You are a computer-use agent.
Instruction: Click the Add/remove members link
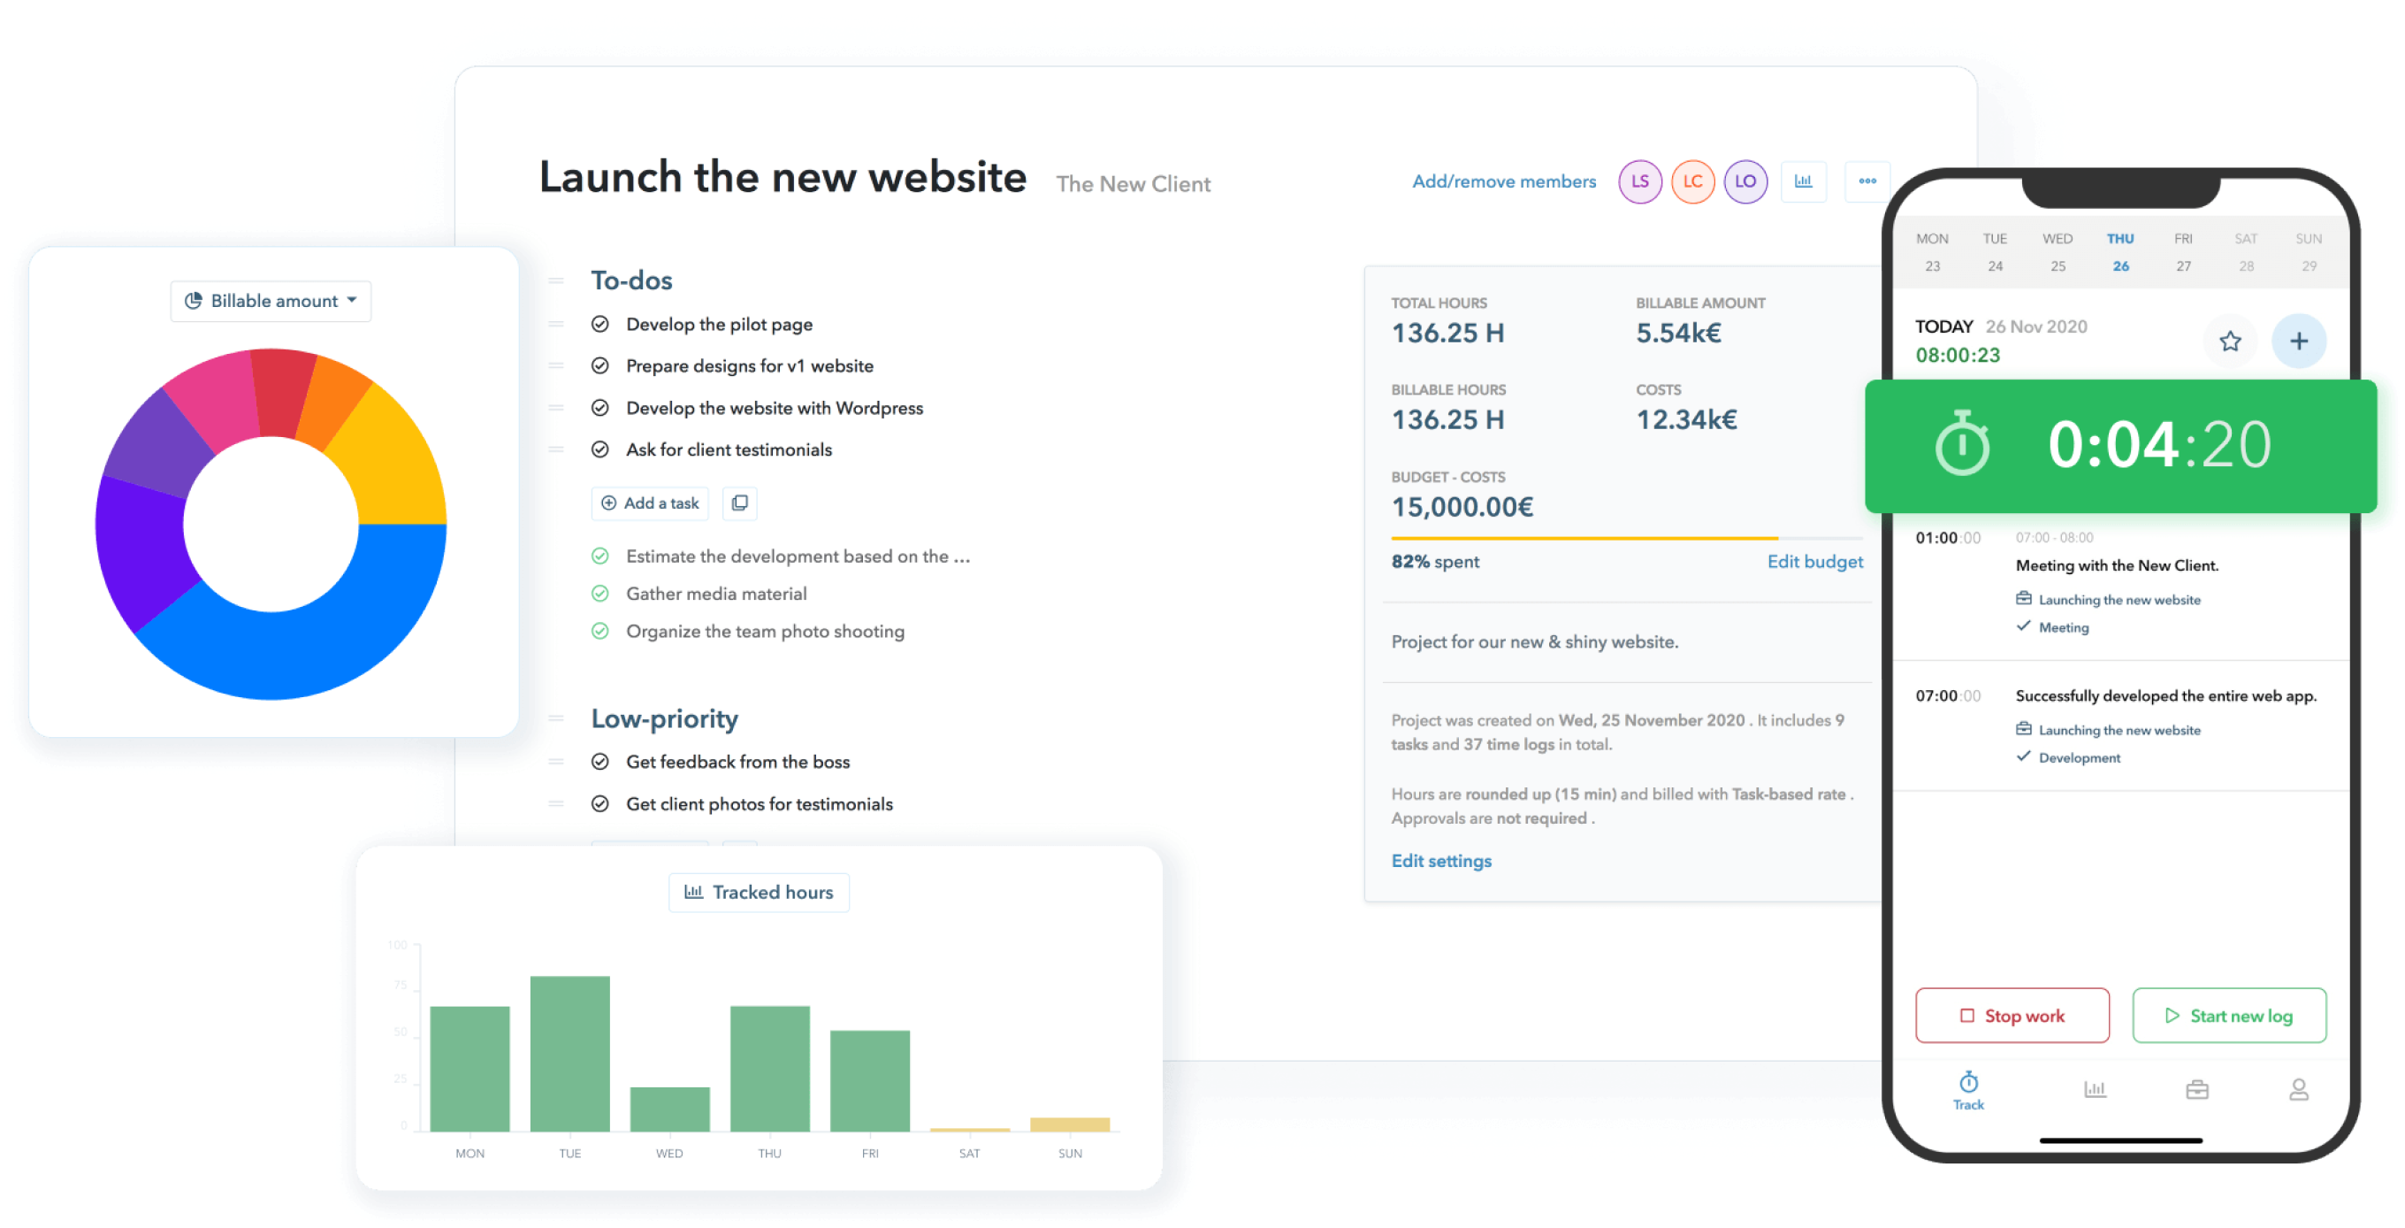click(x=1503, y=181)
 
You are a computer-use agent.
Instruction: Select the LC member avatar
click(x=1691, y=181)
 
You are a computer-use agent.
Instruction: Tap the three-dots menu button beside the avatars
click(x=1867, y=181)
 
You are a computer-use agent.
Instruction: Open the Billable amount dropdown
click(x=271, y=301)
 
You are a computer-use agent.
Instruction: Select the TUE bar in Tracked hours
click(x=569, y=1054)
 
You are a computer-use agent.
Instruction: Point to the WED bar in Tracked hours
click(x=669, y=1109)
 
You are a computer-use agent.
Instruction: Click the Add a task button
click(x=650, y=503)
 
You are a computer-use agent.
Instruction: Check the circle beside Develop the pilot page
click(x=600, y=324)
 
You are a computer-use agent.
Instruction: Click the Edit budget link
click(x=1814, y=561)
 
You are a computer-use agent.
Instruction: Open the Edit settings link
click(x=1440, y=861)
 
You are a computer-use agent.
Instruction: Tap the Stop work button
click(x=2012, y=1015)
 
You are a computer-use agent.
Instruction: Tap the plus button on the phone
click(x=2299, y=341)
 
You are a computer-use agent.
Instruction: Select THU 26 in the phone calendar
click(x=2120, y=252)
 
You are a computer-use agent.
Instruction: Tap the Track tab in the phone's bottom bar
click(x=1968, y=1090)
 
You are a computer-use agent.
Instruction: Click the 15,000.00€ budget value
click(x=1462, y=507)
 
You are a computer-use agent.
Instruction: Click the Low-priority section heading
click(x=664, y=718)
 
